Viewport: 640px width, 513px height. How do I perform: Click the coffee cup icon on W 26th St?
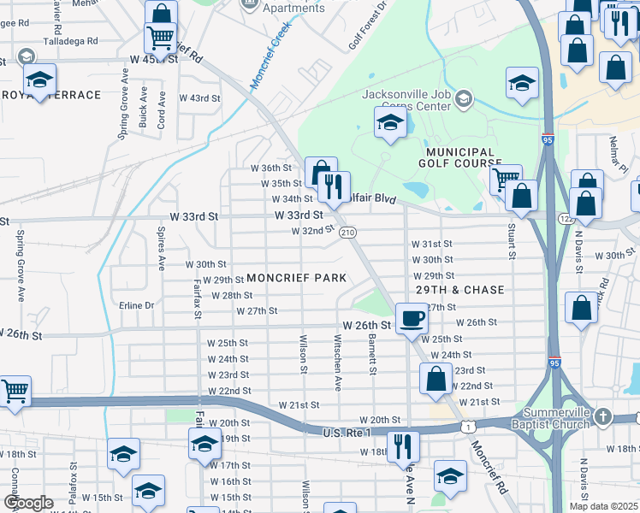(x=412, y=319)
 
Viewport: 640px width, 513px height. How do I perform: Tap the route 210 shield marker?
(x=347, y=233)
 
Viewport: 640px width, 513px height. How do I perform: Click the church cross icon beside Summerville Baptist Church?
(x=603, y=417)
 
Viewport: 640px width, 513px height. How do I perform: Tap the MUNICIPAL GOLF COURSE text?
(x=460, y=157)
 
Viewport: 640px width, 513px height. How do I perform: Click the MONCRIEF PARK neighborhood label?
(x=297, y=278)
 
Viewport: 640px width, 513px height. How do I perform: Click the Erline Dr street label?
(x=137, y=305)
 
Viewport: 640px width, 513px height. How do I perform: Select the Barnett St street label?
(x=373, y=354)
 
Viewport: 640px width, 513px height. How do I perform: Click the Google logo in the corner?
(x=28, y=503)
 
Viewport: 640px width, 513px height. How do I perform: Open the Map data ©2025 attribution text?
(x=603, y=506)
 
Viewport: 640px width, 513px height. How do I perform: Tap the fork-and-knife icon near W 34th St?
(x=333, y=186)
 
